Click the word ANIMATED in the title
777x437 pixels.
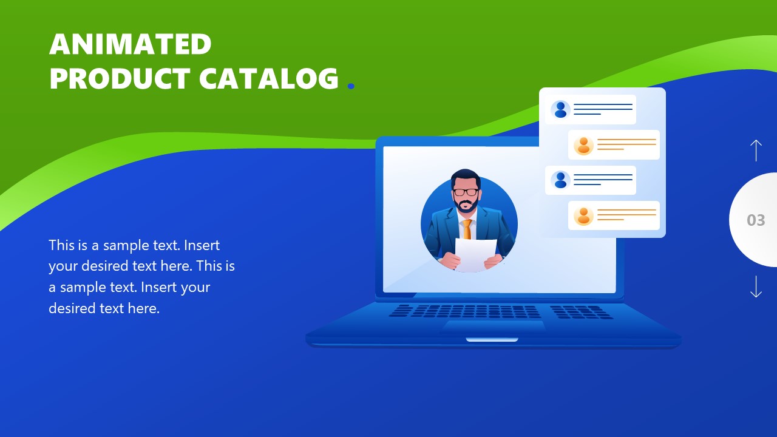130,44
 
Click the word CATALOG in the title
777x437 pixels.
268,79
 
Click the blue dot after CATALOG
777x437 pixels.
350,87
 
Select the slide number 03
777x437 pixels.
756,220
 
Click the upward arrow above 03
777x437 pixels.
756,150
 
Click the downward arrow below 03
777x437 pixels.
756,286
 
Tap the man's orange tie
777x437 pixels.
467,229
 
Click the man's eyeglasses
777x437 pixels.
466,192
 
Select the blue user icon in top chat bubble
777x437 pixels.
560,109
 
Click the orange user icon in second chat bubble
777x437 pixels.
583,145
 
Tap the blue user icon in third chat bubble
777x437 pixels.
560,180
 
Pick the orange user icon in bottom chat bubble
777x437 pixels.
583,215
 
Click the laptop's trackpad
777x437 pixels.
493,326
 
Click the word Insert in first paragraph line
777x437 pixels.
202,246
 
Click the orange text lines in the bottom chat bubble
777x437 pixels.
626,214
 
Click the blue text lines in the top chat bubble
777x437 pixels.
602,109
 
